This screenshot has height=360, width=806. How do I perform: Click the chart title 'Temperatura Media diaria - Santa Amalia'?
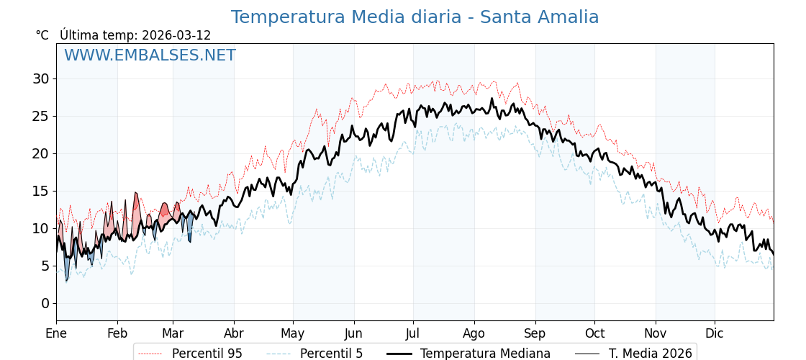(x=415, y=17)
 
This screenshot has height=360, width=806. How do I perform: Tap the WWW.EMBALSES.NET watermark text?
(x=150, y=55)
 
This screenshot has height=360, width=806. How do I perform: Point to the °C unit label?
(x=42, y=35)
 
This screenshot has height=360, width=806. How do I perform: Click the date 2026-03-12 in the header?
(x=176, y=35)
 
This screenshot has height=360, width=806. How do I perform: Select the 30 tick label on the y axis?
(x=40, y=78)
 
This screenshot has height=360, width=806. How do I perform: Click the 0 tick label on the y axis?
(x=45, y=303)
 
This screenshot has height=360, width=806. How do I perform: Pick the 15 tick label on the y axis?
(x=40, y=191)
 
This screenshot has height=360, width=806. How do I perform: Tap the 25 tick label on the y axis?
(x=40, y=116)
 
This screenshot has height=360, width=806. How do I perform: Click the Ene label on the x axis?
(x=56, y=333)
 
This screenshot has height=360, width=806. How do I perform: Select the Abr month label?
(x=234, y=333)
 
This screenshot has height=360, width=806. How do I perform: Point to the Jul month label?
(x=413, y=333)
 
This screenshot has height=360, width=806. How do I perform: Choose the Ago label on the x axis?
(x=474, y=333)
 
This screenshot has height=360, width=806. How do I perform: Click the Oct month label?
(x=594, y=333)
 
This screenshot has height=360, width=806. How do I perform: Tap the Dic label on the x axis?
(x=715, y=333)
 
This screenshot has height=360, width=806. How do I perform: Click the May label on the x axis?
(x=293, y=333)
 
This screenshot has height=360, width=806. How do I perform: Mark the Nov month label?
(x=656, y=333)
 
